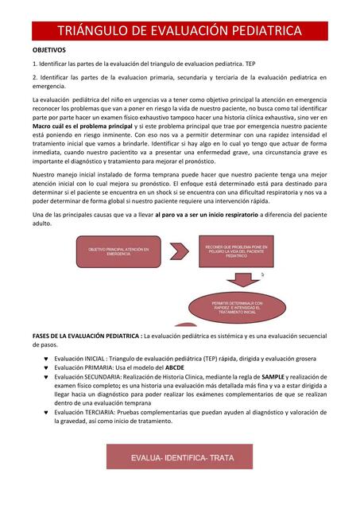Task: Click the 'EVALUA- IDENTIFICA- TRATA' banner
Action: (177, 459)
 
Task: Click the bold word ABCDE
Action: (174, 367)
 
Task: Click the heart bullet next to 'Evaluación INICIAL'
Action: (47, 359)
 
